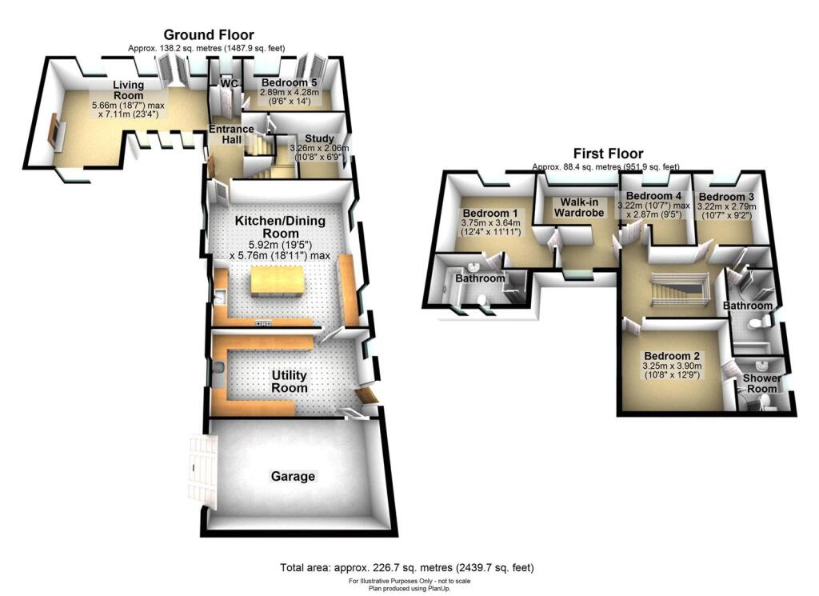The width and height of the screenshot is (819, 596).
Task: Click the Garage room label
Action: point(292,476)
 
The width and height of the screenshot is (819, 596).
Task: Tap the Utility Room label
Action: point(288,382)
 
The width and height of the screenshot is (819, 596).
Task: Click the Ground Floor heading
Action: point(209,34)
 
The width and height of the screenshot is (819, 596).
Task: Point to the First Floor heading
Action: point(607,154)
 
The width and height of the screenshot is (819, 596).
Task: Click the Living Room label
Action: point(128,90)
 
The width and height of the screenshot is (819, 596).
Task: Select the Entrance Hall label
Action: point(231,134)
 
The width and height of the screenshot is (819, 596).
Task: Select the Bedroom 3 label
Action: point(725,197)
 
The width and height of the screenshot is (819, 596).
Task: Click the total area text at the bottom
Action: point(406,567)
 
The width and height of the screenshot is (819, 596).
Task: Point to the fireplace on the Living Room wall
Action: point(54,131)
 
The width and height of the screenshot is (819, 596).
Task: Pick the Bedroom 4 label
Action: point(653,195)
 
